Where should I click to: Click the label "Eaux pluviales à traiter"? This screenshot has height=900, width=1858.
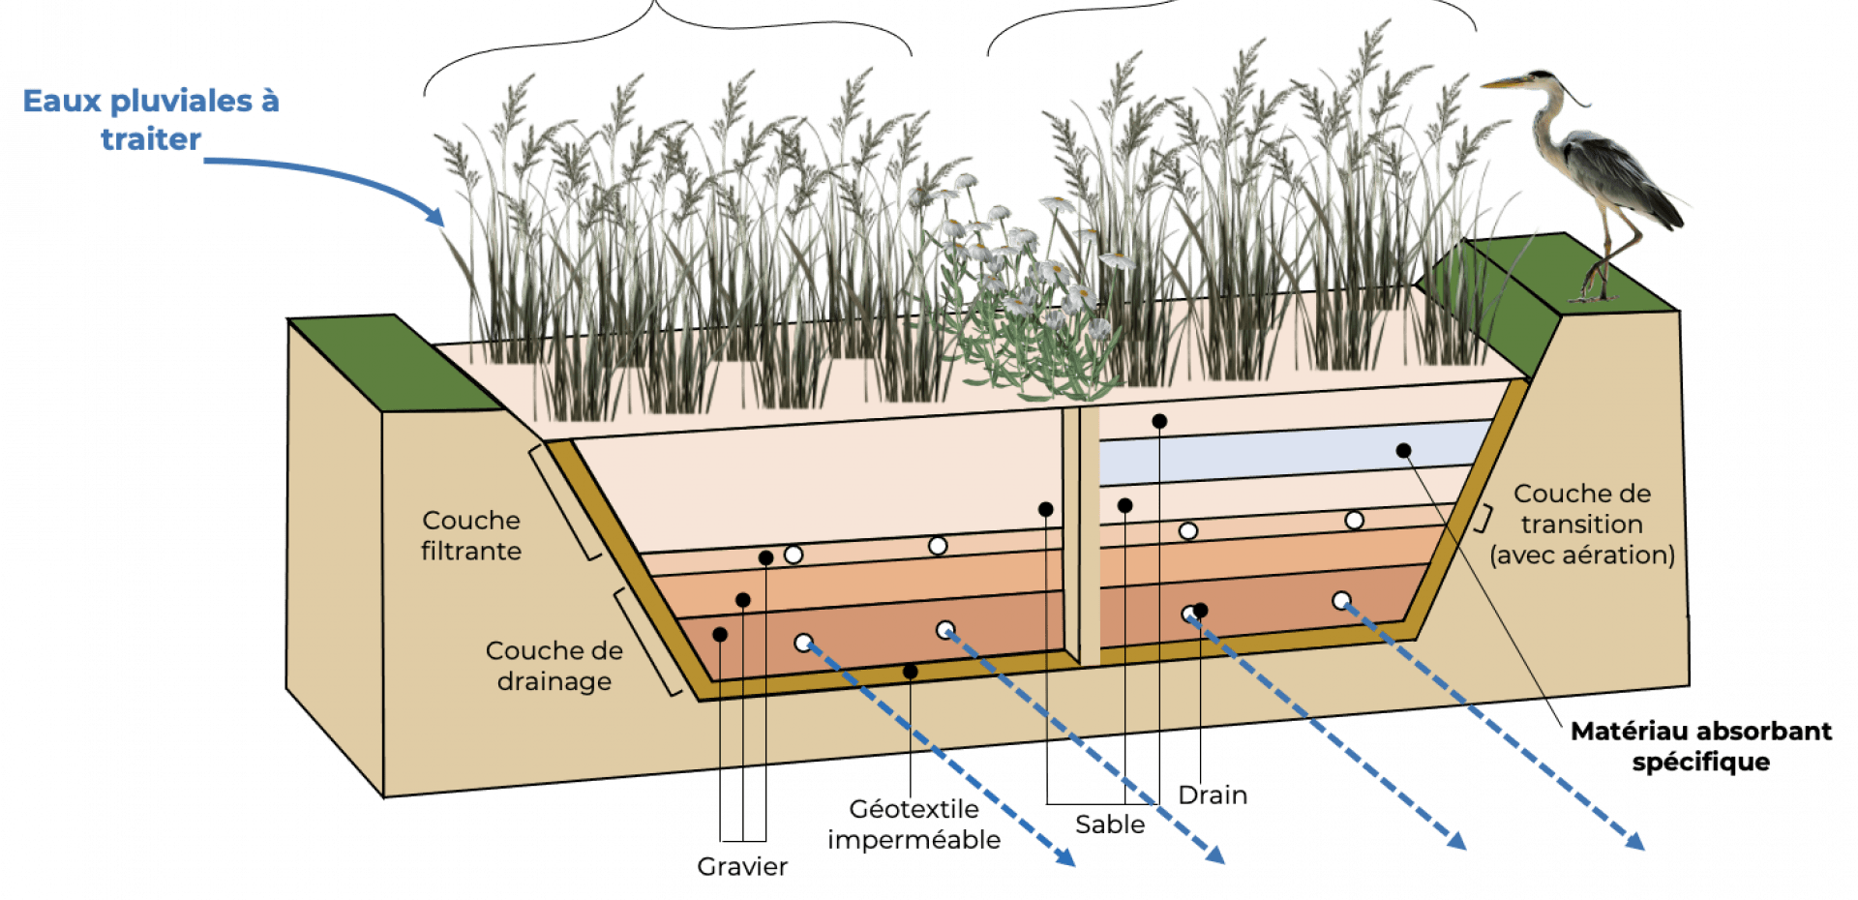(152, 119)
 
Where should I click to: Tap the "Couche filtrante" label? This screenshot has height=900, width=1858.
(471, 535)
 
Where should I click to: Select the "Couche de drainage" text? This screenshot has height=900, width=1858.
(554, 666)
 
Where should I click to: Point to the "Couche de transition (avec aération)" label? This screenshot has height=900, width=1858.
(1582, 525)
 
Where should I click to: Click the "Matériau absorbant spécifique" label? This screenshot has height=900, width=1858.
(1700, 746)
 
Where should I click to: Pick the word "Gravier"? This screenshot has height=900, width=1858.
(741, 866)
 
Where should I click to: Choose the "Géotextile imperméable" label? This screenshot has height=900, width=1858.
(914, 824)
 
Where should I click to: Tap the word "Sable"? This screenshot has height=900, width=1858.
(1110, 825)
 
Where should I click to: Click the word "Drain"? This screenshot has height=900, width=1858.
(1213, 795)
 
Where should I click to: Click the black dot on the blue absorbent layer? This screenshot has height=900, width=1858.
(1403, 450)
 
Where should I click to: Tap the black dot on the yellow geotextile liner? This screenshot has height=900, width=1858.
(911, 672)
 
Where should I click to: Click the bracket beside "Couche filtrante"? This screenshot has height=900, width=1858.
(563, 503)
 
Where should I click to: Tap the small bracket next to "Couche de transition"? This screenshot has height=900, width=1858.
(1483, 518)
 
